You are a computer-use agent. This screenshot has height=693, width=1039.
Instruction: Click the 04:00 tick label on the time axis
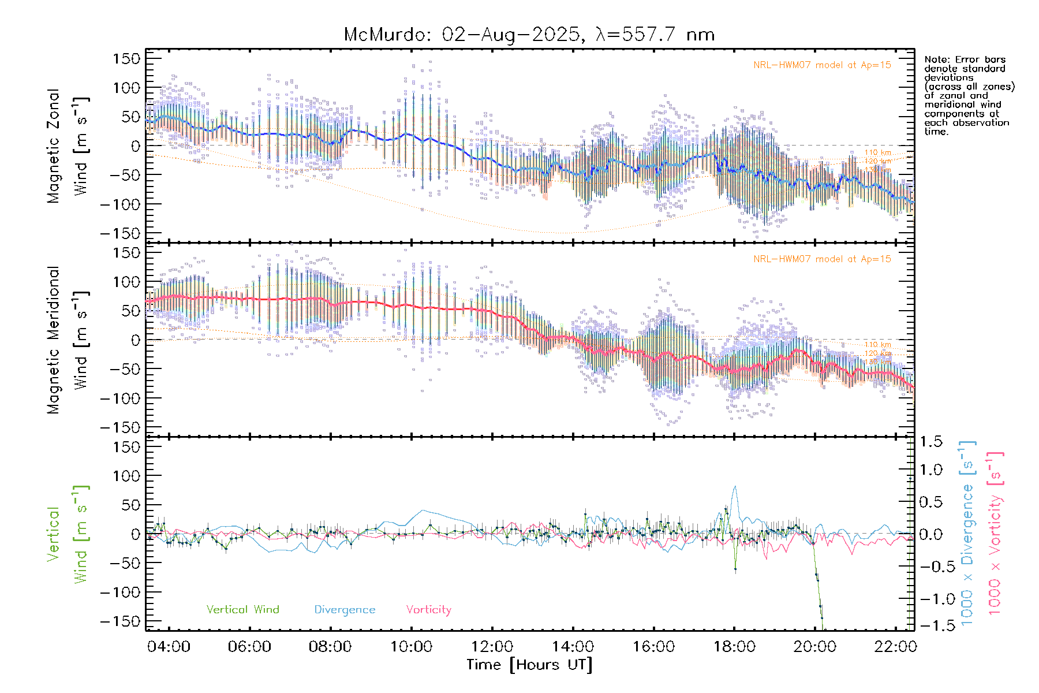(169, 647)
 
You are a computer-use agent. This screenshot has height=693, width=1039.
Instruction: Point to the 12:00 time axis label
(492, 647)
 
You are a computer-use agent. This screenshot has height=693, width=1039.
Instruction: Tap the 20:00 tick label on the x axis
(814, 647)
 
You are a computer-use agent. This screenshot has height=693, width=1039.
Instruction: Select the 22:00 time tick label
(895, 647)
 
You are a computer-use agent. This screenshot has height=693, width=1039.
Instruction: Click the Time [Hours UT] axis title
(529, 665)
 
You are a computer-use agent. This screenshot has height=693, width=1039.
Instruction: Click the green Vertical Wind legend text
(242, 610)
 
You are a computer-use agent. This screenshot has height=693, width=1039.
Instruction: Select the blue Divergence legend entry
(345, 610)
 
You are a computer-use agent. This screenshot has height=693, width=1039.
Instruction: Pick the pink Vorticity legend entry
(428, 610)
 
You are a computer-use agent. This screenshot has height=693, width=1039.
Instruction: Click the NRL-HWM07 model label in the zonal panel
(822, 65)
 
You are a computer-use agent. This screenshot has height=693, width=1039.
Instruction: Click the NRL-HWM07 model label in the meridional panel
(822, 259)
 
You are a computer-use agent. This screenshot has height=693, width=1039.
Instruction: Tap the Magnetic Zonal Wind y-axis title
(68, 146)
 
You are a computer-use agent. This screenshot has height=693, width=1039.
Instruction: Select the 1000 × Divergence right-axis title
(967, 534)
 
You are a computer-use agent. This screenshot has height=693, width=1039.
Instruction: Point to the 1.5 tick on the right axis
(930, 442)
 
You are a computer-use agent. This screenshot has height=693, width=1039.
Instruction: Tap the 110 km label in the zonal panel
(877, 152)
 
